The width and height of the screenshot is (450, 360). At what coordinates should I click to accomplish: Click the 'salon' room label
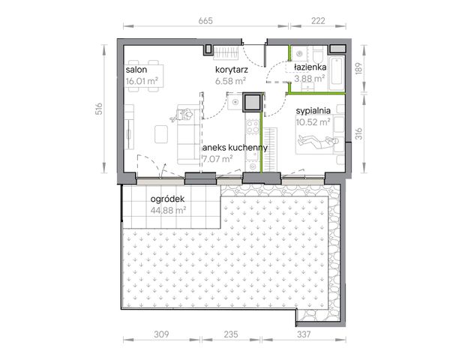[x=136, y=70]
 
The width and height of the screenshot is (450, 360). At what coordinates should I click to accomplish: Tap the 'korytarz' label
[x=232, y=70]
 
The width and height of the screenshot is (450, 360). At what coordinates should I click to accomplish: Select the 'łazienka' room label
[x=310, y=67]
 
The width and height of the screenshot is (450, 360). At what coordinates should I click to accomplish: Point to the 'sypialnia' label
[x=313, y=111]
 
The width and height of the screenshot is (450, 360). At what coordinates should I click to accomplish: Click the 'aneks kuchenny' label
[x=235, y=148]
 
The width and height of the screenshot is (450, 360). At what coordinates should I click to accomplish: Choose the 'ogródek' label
[x=167, y=199]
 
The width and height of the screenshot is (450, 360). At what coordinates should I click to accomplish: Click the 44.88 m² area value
[x=168, y=211]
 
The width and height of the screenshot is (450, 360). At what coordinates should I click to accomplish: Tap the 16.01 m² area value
[x=142, y=81]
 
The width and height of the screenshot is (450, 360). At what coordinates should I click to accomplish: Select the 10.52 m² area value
[x=313, y=122]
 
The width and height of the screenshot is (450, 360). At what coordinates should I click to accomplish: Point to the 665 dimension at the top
[x=205, y=21]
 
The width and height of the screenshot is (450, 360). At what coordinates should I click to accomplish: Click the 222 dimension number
[x=318, y=21]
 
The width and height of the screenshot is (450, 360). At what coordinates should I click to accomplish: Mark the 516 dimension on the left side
[x=99, y=109]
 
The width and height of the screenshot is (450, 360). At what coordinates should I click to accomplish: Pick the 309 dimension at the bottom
[x=161, y=334]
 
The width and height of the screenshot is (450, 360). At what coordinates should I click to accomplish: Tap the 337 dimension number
[x=304, y=334]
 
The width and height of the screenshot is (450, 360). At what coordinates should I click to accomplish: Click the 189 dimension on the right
[x=359, y=69]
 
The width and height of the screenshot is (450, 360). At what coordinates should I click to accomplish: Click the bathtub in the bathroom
[x=337, y=73]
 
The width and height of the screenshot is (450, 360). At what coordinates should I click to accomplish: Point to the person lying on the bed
[x=319, y=141]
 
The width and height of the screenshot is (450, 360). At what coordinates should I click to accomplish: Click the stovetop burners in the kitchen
[x=253, y=127]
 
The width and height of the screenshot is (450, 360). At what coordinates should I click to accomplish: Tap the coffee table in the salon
[x=161, y=134]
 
